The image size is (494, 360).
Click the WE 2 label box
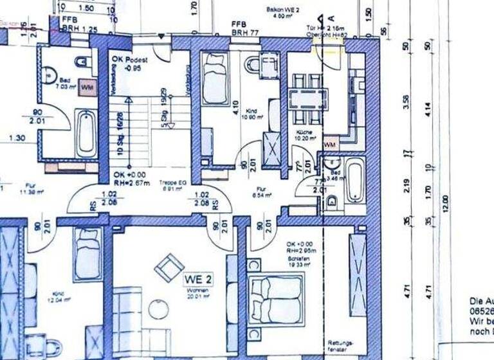point(198,280)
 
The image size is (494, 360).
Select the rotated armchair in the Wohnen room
point(169,267)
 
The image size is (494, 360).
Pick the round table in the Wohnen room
point(158,310)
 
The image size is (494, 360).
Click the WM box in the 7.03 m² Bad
point(88,87)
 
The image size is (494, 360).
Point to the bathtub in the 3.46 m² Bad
point(354,181)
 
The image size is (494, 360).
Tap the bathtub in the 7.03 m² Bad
point(86,134)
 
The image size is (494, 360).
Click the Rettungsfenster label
point(337,345)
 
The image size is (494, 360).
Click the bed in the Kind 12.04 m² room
point(87,254)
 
